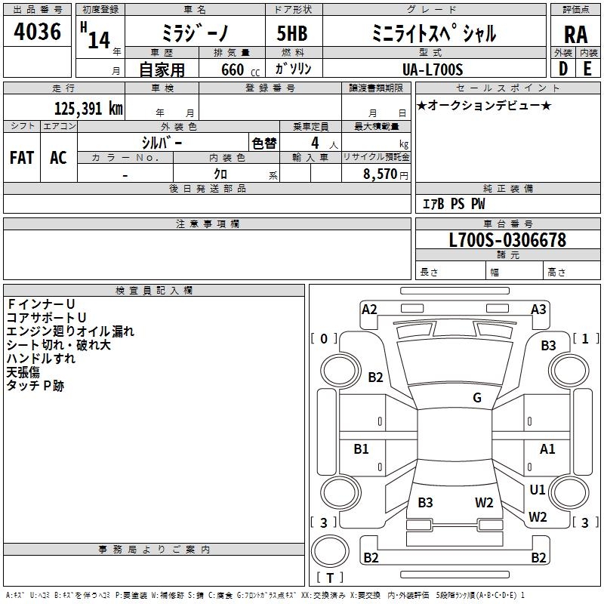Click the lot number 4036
37,31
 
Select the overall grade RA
575,35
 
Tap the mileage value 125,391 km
88,109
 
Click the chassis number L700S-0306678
507,240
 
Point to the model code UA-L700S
432,69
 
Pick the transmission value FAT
22,158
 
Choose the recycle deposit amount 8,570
380,174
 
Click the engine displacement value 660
233,69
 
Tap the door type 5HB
292,33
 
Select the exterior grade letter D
563,69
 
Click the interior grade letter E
587,69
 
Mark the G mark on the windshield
477,397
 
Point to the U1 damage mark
538,489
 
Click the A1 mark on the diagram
547,448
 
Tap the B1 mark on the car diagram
361,448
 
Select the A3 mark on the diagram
538,310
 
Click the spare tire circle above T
330,551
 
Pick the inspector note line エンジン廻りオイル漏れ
70,331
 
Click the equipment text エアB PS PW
454,204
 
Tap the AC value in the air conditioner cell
58,158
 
